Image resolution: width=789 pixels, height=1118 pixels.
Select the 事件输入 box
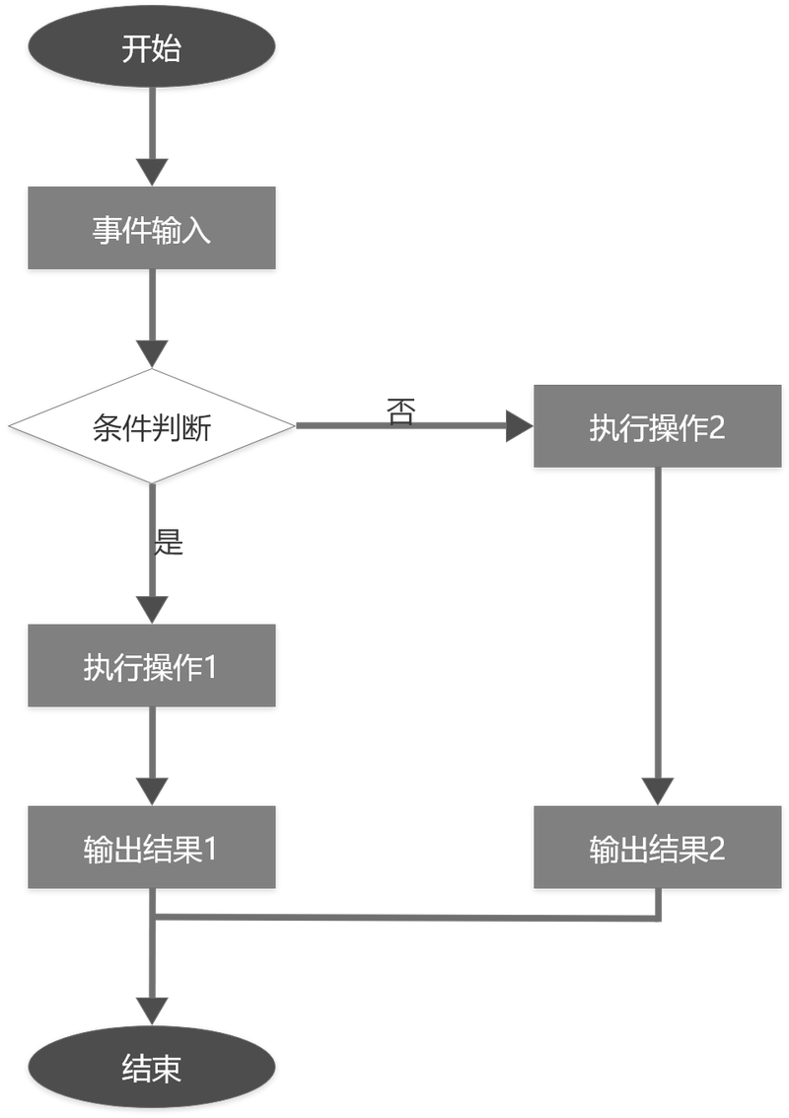tap(151, 229)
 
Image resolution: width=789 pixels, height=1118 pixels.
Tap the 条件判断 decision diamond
tap(151, 427)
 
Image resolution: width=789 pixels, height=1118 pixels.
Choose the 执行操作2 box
tap(657, 426)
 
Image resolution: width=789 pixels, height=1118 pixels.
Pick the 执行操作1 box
tap(151, 664)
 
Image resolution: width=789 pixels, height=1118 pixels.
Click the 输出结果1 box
tap(151, 848)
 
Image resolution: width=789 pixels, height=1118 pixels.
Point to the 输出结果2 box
tap(657, 848)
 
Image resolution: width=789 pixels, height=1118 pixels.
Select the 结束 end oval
tap(151, 1069)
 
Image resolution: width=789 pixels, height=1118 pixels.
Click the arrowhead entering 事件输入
tap(152, 171)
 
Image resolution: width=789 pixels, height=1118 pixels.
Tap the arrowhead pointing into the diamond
tap(152, 352)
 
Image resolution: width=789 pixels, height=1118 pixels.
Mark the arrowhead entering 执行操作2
tap(517, 426)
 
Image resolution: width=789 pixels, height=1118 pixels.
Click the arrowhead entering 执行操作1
tap(152, 606)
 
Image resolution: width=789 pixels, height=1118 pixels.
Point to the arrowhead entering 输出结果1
tap(152, 789)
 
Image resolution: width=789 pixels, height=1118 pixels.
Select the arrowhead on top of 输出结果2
tap(657, 789)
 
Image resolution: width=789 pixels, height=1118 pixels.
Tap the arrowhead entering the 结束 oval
tap(152, 1009)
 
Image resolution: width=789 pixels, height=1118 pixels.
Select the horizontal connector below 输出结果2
tap(404, 916)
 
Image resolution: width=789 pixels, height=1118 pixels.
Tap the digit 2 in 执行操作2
tap(716, 427)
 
